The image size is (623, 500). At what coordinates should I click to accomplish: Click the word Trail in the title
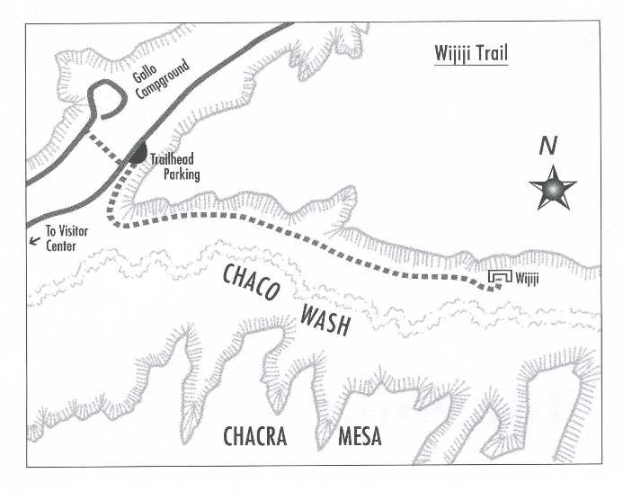coord(491,54)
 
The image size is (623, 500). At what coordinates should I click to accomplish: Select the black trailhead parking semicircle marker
coord(137,155)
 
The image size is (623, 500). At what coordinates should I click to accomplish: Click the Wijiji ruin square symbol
coord(499,280)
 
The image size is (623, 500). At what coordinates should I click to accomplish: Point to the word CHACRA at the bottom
coord(254,438)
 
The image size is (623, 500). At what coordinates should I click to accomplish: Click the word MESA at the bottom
coord(360,438)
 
